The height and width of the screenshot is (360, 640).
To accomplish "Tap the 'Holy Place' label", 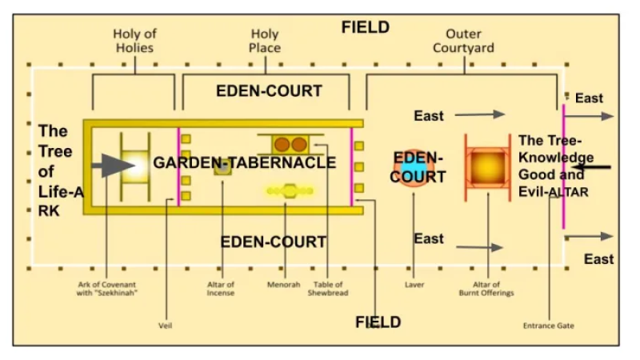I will pyautogui.click(x=266, y=41).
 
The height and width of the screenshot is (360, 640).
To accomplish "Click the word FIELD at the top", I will pyautogui.click(x=366, y=27).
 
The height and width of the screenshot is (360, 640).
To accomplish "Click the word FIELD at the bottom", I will pyautogui.click(x=378, y=322).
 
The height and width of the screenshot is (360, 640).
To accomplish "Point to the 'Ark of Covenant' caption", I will pyautogui.click(x=106, y=290).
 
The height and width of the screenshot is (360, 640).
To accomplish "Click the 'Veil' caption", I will pyautogui.click(x=167, y=326).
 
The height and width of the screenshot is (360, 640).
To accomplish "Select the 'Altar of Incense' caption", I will pyautogui.click(x=221, y=290).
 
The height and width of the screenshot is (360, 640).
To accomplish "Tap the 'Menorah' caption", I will pyautogui.click(x=283, y=284).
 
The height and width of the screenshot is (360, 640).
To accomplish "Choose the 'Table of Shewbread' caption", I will pyautogui.click(x=327, y=290).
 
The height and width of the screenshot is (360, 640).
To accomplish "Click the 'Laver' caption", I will pyautogui.click(x=414, y=284).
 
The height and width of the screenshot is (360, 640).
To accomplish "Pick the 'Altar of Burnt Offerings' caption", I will pyautogui.click(x=487, y=290).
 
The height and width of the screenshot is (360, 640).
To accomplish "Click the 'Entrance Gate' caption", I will pyautogui.click(x=549, y=326).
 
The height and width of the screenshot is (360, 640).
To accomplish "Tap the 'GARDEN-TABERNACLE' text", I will pyautogui.click(x=245, y=163).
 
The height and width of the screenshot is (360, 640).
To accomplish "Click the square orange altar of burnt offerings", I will pyautogui.click(x=487, y=167).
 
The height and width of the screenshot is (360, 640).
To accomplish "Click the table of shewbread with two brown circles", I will pyautogui.click(x=290, y=145).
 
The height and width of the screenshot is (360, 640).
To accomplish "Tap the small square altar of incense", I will pyautogui.click(x=222, y=168).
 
